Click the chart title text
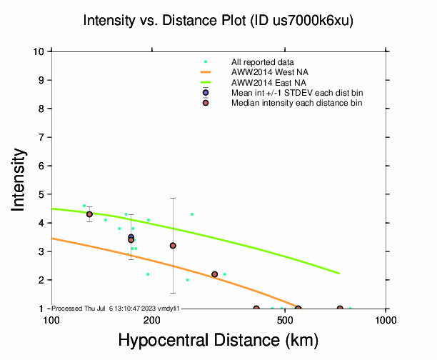[x=218, y=21]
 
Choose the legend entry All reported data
[x=263, y=62]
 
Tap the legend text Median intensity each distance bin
[x=296, y=104]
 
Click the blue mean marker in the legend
[x=206, y=93]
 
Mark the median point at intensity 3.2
[x=173, y=246]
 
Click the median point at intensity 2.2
[x=214, y=274]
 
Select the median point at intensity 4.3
[x=89, y=214]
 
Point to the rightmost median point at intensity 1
[x=340, y=309]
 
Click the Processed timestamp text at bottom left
[x=116, y=308]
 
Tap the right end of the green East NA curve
[x=339, y=274]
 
